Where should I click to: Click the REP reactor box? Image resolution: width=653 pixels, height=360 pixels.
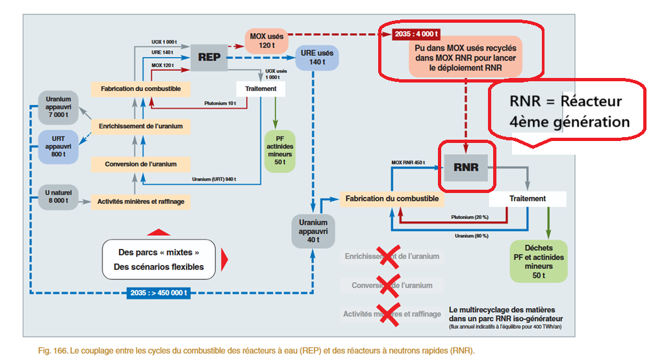209,57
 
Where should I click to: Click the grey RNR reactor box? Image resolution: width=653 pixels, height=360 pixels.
466,167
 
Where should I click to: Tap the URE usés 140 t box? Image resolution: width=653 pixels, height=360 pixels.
316,57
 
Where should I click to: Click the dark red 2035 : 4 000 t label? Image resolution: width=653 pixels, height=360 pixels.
416,33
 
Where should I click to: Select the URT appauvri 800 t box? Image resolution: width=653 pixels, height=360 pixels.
58,146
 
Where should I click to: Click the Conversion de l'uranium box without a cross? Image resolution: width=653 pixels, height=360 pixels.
141,164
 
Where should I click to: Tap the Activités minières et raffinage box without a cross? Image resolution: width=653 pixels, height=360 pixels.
141,201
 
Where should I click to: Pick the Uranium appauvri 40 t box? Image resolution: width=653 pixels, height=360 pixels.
313,231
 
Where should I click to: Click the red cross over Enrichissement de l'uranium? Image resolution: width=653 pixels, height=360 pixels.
389,256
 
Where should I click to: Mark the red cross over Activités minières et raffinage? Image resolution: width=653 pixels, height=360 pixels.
389,314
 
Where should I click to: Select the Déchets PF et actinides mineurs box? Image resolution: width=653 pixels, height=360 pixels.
539,261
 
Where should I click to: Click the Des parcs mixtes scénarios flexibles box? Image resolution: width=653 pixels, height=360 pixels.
159,259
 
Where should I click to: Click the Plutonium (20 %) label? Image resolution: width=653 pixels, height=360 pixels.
469,217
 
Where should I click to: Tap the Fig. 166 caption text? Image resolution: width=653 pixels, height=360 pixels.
249,350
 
